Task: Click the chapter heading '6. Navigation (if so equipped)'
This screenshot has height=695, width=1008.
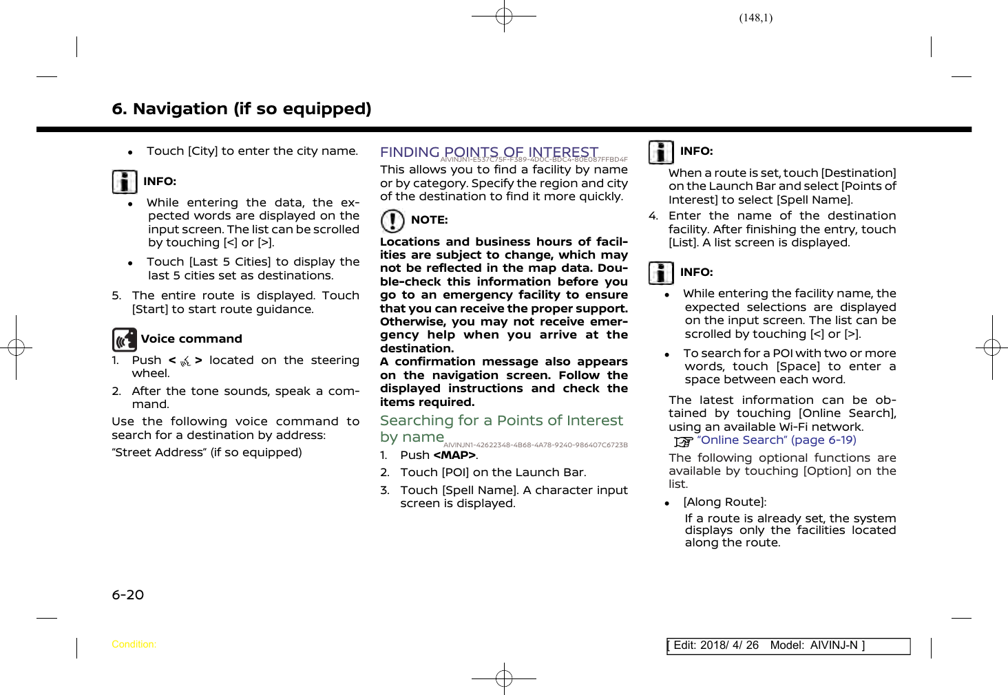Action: (x=241, y=109)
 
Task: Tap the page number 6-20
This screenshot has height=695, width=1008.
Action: (x=128, y=595)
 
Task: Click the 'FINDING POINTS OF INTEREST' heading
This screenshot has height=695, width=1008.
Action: (x=489, y=152)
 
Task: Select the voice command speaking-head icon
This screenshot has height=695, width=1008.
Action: (x=125, y=339)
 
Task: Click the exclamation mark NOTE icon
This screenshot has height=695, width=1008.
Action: (x=392, y=221)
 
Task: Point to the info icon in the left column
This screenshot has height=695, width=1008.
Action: (x=125, y=182)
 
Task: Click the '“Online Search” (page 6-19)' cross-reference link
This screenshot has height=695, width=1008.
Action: (x=776, y=440)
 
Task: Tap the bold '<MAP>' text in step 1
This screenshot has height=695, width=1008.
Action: (x=454, y=456)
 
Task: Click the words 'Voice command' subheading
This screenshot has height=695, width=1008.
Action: (x=191, y=339)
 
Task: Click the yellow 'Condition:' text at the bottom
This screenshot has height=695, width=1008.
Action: (x=134, y=645)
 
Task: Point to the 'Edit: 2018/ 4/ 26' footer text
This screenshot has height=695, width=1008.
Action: (x=716, y=645)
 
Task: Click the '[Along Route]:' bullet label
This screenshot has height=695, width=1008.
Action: (x=724, y=502)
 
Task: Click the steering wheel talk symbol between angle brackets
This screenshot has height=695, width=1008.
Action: (x=185, y=361)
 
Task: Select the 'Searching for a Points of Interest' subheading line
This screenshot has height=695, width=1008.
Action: (x=501, y=420)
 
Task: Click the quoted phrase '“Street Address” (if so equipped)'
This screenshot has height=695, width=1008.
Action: (x=207, y=453)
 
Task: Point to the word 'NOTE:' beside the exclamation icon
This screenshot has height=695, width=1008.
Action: (x=429, y=220)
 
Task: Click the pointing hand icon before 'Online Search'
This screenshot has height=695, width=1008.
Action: (x=683, y=441)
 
